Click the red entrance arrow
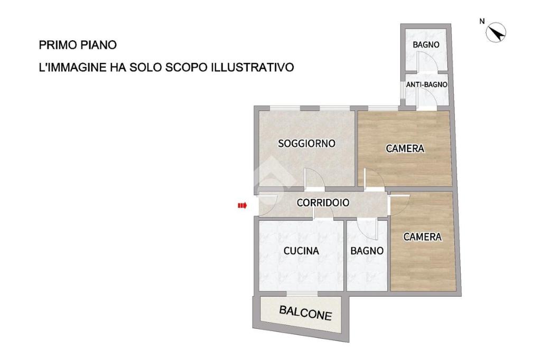[x=242, y=205]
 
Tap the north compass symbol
[x=496, y=33]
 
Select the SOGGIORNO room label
[x=307, y=143]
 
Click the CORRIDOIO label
[x=323, y=202]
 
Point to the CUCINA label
[x=301, y=251]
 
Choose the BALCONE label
[x=306, y=313]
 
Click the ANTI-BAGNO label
[x=427, y=84]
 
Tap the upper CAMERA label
[x=405, y=148]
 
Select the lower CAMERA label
[x=422, y=237]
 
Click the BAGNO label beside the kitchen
[x=367, y=251]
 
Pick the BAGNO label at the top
[x=426, y=45]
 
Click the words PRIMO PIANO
[x=78, y=45]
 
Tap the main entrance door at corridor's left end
[x=268, y=205]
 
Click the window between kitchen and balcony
[x=302, y=293]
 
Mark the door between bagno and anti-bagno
[x=427, y=63]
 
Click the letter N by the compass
[x=482, y=22]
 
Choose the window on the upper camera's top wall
[x=384, y=108]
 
